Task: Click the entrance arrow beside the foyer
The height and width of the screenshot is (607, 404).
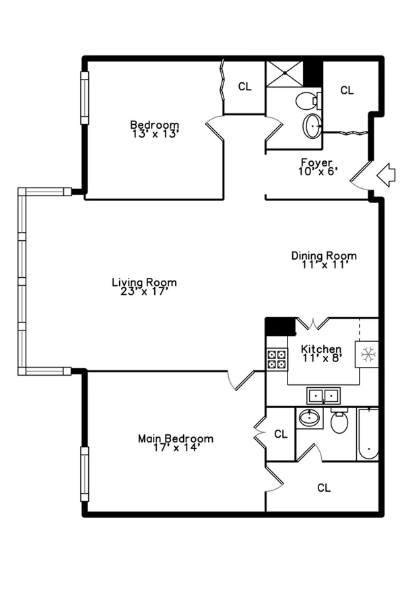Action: click(x=386, y=175)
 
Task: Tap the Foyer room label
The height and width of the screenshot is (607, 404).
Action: click(x=316, y=163)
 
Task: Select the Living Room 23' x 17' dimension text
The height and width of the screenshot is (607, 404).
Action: click(x=144, y=291)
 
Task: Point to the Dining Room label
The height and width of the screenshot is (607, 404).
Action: click(x=324, y=256)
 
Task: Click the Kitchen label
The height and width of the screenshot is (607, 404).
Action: click(x=321, y=349)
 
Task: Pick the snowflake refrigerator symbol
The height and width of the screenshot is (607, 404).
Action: click(x=367, y=354)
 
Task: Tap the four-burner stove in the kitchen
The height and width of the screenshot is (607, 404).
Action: click(x=277, y=359)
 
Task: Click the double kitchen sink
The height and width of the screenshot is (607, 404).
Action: click(x=324, y=396)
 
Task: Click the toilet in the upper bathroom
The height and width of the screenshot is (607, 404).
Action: click(x=308, y=101)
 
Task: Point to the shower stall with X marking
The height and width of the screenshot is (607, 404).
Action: click(x=285, y=73)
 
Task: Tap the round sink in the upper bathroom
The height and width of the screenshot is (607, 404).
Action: click(x=312, y=126)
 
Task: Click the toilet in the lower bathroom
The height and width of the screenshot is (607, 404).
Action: click(x=339, y=420)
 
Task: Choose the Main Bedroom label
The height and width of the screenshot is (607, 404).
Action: click(x=176, y=438)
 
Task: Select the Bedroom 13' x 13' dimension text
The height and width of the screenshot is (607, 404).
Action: click(x=155, y=134)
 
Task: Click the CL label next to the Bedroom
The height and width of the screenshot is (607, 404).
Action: click(x=244, y=86)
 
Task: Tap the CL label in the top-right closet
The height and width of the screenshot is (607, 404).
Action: click(x=347, y=90)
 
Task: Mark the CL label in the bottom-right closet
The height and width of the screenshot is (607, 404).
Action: click(x=324, y=488)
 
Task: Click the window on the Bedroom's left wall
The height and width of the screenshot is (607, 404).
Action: click(x=84, y=98)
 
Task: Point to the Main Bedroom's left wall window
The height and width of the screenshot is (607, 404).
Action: click(x=84, y=474)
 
